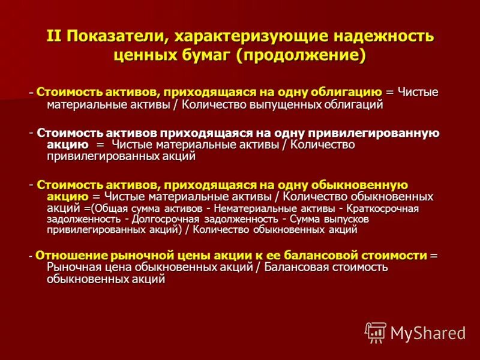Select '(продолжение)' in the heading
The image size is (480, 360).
tap(301, 55)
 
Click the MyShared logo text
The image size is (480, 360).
tap(428, 333)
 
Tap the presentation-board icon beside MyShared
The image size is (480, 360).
tap(376, 332)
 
